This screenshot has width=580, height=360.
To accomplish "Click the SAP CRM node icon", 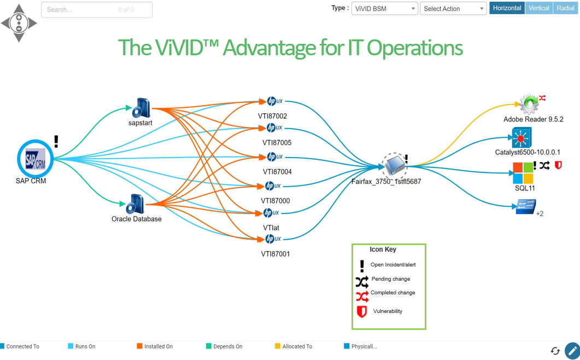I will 35,158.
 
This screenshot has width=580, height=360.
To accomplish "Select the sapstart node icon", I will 142,108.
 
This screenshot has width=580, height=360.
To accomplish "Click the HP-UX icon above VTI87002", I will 274,101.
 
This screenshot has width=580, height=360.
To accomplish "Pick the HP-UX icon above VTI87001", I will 273,239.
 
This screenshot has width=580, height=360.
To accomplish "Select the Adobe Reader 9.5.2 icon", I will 529,103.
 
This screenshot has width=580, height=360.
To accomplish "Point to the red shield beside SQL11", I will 558,165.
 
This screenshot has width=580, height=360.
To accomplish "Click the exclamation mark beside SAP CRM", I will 56,142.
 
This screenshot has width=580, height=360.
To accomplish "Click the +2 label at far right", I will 540,214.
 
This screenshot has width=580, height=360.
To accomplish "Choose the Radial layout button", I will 566,8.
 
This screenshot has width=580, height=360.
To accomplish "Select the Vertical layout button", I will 539,8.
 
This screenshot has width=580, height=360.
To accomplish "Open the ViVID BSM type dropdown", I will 384,9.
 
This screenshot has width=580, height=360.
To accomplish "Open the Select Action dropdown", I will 453,9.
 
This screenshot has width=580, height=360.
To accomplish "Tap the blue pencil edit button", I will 572,351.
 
